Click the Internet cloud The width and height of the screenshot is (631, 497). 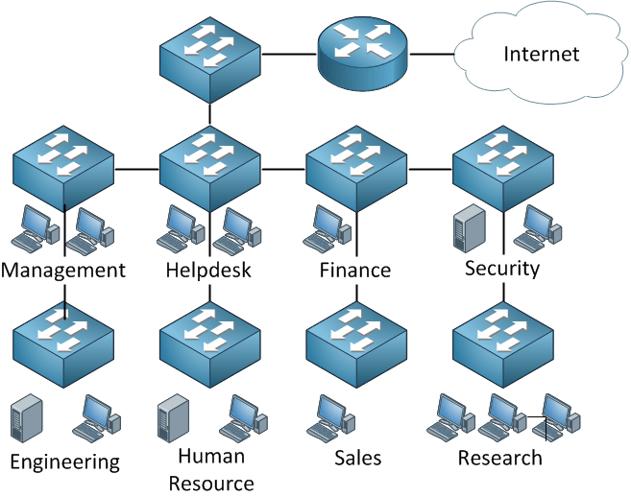(542, 53)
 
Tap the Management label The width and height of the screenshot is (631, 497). (63, 271)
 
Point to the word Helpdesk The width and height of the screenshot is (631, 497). (208, 271)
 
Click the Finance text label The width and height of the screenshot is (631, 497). (355, 271)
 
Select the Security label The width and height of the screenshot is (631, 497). (502, 268)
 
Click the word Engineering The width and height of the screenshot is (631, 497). (65, 462)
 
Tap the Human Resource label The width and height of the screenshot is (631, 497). (211, 469)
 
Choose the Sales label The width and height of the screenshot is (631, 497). (357, 459)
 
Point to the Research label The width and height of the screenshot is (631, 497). (499, 459)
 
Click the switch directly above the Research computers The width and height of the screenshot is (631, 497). (502, 343)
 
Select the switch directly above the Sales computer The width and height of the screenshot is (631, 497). (355, 343)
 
